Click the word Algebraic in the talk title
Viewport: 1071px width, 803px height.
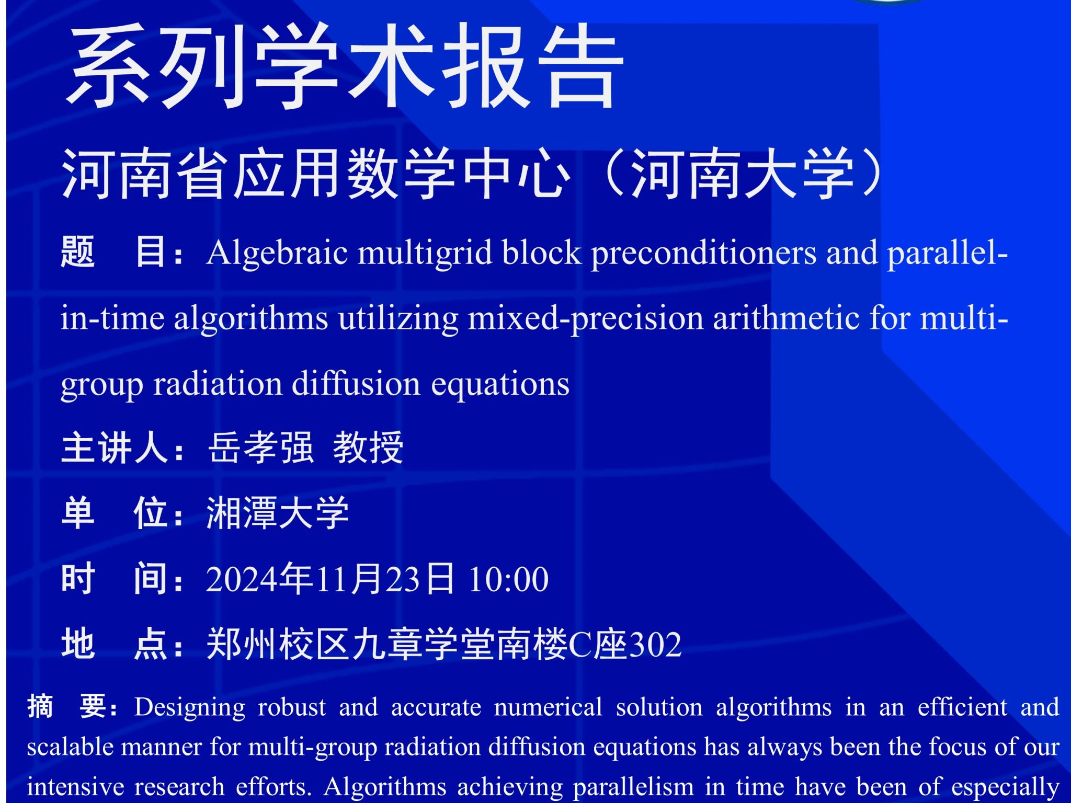click(277, 254)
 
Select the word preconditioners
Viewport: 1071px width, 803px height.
click(703, 254)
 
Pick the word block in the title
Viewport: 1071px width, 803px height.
click(542, 253)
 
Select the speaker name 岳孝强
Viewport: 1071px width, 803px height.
click(260, 448)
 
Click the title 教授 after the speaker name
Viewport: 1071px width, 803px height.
click(368, 448)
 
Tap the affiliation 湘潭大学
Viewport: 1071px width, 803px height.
click(278, 513)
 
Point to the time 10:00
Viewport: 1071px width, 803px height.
click(508, 579)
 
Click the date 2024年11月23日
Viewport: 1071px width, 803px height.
click(330, 579)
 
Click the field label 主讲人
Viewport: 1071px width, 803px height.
click(116, 448)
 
